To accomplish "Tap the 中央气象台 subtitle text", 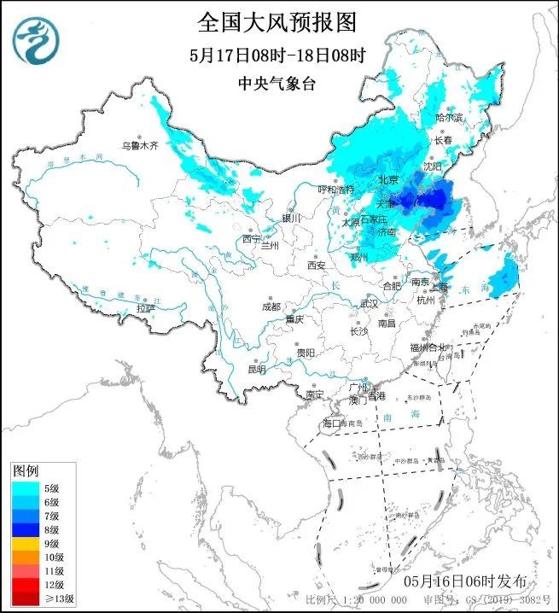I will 278,84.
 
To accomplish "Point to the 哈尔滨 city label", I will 449,117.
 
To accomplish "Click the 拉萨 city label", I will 146,307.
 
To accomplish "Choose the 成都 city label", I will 271,306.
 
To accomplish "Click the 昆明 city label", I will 256,370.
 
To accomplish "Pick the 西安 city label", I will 317,266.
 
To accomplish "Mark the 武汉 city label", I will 369,303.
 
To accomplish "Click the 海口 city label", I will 331,423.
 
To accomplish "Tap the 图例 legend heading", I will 26,471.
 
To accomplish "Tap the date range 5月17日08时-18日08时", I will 278,55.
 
